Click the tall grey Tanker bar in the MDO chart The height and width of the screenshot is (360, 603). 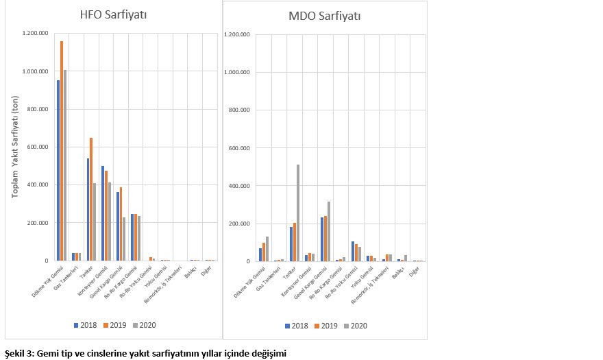[x=298, y=213]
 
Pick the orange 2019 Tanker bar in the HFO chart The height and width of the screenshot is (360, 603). [x=90, y=199]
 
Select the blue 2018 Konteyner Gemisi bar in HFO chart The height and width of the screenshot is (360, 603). [x=103, y=213]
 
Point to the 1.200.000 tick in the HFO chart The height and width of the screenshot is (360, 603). [x=35, y=33]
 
